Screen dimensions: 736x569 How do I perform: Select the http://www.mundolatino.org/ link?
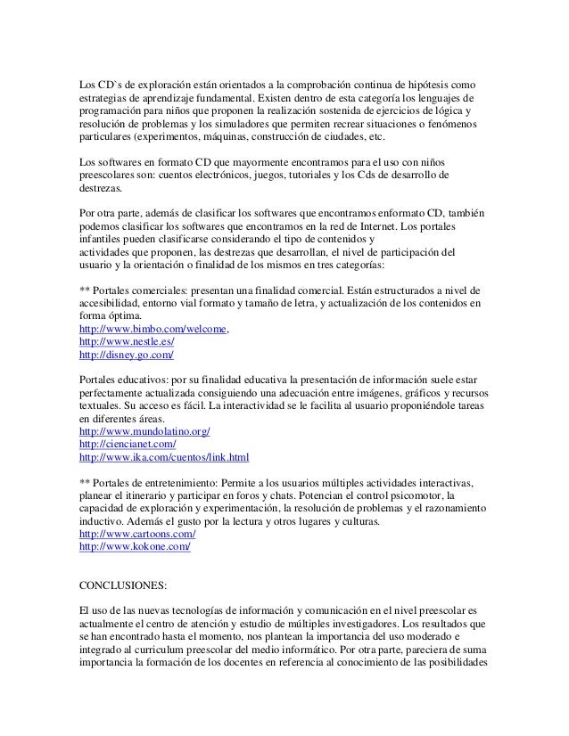point(144,431)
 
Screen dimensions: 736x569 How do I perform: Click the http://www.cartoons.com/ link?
point(137,534)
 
